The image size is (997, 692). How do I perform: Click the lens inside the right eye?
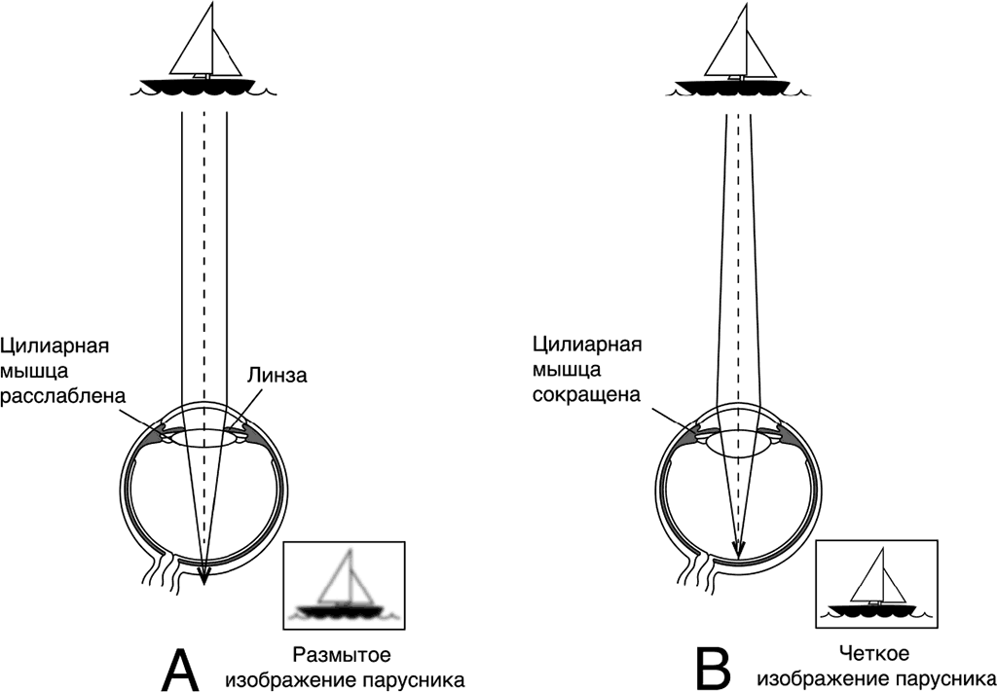737,443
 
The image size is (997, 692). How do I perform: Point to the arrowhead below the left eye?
204,578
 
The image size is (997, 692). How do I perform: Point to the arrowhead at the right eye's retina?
737,550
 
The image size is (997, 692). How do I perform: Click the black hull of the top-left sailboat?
204,86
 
